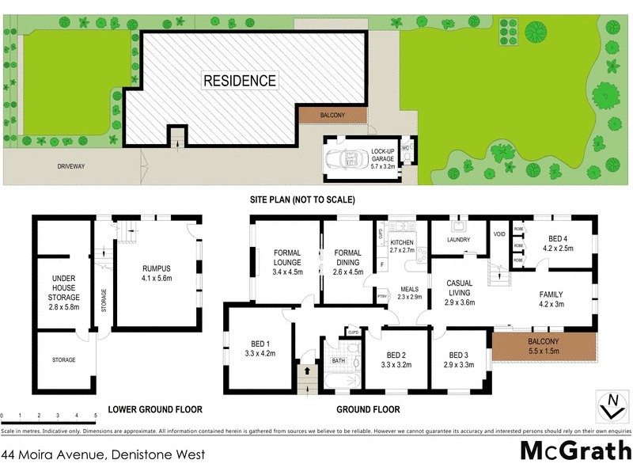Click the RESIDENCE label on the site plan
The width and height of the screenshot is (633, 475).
(x=240, y=81)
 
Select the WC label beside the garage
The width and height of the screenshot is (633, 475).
(x=405, y=148)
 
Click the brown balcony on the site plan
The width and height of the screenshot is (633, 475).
(x=332, y=116)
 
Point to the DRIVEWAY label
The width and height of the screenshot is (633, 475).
(x=70, y=166)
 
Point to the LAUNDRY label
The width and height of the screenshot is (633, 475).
(x=459, y=240)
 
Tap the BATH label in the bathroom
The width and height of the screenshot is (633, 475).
(x=338, y=360)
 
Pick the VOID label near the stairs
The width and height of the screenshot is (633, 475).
(x=498, y=234)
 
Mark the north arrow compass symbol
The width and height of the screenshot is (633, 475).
(x=610, y=405)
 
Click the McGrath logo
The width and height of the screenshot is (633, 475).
(x=574, y=450)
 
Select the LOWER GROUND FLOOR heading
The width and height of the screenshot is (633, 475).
(x=155, y=410)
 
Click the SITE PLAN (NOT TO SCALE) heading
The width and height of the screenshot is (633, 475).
(x=303, y=199)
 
